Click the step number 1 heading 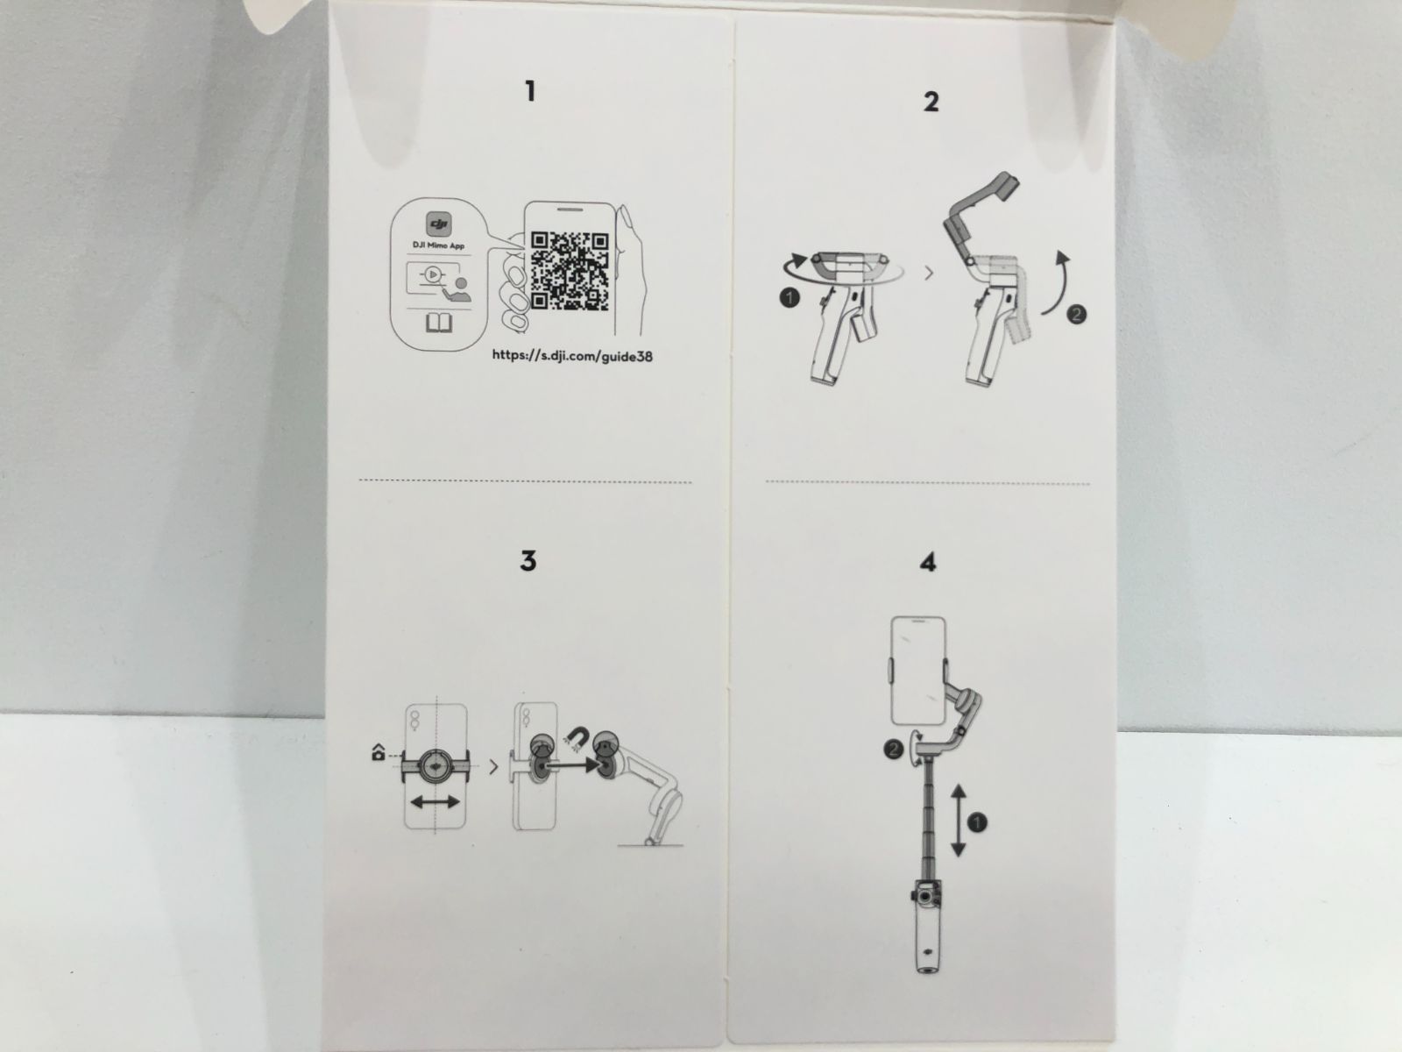530,91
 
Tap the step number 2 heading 931,102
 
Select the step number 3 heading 528,560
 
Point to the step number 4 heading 928,562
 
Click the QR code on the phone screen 570,271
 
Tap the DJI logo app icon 439,224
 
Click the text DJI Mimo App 439,245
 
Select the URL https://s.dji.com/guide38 572,357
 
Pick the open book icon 439,323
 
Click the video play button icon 433,274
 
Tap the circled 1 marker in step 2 790,298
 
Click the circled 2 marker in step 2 1077,314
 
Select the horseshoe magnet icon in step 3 578,739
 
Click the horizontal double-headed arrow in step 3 435,801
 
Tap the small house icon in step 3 379,752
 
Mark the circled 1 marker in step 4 977,822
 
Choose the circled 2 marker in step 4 894,750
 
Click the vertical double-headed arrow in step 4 958,821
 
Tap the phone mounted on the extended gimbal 918,671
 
